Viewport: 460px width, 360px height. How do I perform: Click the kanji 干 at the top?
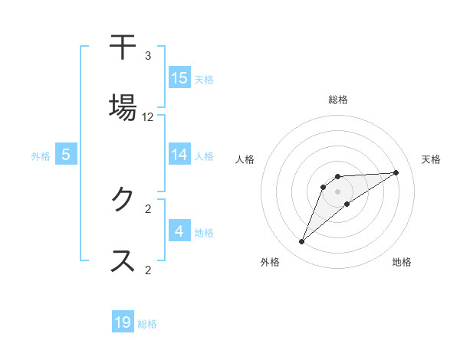(123, 47)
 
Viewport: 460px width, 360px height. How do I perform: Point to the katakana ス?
(123, 260)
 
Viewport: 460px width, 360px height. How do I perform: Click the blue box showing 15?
(179, 78)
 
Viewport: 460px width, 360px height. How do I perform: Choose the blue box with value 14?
(179, 155)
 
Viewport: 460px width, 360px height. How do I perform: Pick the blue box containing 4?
(179, 231)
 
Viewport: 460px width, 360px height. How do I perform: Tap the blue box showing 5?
(66, 155)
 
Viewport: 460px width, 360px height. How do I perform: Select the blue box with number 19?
(123, 322)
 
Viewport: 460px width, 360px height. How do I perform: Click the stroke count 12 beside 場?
(148, 117)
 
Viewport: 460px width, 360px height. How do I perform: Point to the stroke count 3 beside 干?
(148, 56)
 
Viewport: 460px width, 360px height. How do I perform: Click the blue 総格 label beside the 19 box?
(147, 324)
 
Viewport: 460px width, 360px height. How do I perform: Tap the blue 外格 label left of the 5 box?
(41, 156)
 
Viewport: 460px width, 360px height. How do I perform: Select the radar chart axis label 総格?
(338, 100)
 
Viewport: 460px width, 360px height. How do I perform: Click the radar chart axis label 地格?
(402, 262)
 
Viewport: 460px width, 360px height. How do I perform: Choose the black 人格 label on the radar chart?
(245, 159)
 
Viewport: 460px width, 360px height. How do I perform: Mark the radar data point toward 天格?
(396, 172)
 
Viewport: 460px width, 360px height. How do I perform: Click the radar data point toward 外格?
(302, 242)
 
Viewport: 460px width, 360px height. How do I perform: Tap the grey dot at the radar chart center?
(338, 191)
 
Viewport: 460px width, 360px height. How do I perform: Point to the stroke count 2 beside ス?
(148, 269)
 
